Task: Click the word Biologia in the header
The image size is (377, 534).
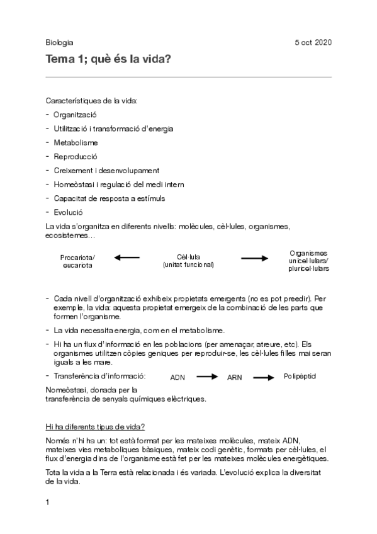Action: tap(59, 43)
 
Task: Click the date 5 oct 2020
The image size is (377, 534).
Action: tap(313, 43)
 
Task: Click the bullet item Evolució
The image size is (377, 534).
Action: tap(68, 212)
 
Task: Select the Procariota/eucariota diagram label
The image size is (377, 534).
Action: tap(77, 261)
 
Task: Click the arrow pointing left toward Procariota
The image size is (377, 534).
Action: tap(127, 258)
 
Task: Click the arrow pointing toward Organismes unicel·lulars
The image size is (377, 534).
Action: tap(254, 258)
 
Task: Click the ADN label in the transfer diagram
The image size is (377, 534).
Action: tap(178, 378)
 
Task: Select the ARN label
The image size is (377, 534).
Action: tap(235, 378)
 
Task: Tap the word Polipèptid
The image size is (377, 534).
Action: tap(300, 376)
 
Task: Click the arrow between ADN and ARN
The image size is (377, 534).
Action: tap(206, 377)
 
